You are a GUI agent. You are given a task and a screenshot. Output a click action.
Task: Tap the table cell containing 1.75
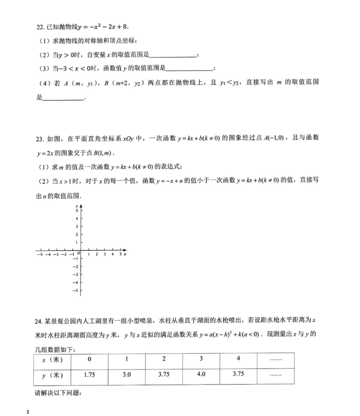tap(90, 375)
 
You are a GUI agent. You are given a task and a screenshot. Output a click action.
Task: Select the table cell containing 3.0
tap(127, 375)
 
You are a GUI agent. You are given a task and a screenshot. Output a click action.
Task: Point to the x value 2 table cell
tap(164, 360)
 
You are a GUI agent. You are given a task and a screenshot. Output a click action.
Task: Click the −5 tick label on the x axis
tap(40, 254)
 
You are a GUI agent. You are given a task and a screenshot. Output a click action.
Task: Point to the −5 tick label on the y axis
tap(75, 291)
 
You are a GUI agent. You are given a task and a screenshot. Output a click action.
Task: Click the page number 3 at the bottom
tap(28, 412)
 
